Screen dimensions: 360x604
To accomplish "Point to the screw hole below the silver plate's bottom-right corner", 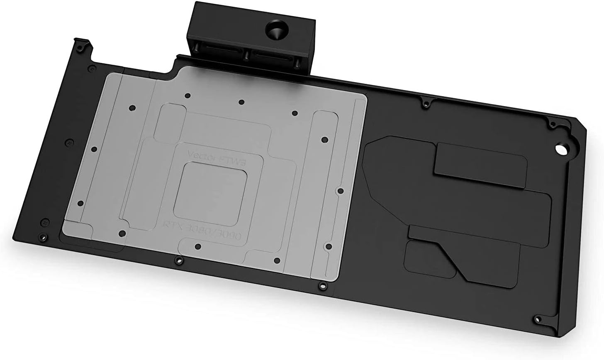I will pos(321,285).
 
